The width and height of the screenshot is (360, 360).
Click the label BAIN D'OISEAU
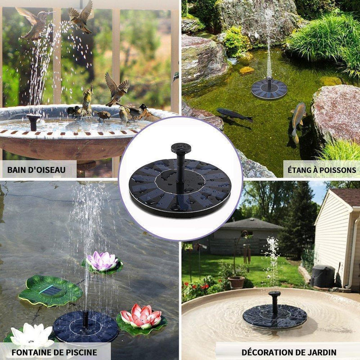(x=36, y=170)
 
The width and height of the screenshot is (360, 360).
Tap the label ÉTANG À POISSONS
(x=322, y=170)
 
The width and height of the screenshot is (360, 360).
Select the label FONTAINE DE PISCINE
(x=56, y=351)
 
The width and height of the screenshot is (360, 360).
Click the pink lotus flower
(x=102, y=261)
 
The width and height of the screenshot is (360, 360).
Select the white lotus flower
(x=32, y=335)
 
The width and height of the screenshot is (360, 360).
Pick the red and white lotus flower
(x=141, y=316)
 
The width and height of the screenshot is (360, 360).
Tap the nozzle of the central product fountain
(x=176, y=148)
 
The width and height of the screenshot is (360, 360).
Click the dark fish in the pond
(x=234, y=115)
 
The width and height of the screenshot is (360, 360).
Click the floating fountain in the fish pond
(x=269, y=89)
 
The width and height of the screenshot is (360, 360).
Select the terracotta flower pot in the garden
(x=236, y=282)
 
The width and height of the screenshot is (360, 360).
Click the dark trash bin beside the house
(x=323, y=276)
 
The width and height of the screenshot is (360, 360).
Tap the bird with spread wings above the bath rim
(x=117, y=88)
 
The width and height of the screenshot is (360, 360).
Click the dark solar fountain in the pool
(x=85, y=325)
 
